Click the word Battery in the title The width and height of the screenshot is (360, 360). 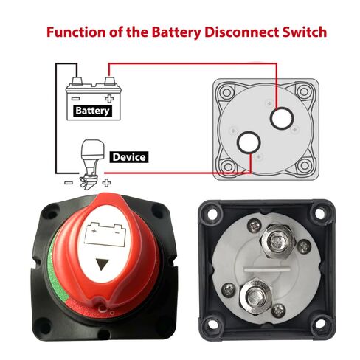176,32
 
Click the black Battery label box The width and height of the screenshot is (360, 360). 93,111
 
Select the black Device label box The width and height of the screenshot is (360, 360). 129,157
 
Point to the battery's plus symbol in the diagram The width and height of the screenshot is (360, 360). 109,99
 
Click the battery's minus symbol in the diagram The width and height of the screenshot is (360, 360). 75,99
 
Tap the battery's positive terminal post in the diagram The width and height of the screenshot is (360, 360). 109,81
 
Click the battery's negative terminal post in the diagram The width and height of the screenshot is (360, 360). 77,81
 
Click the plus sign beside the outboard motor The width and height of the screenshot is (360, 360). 106,183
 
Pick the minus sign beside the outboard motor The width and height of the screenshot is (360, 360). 69,183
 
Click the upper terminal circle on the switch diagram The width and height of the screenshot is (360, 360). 282,119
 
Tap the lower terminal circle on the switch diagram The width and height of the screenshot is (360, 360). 249,142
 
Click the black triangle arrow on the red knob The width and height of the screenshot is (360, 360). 102,264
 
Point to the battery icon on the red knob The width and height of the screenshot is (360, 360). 105,235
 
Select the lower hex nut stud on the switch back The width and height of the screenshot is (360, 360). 256,297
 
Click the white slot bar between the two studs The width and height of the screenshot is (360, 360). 267,270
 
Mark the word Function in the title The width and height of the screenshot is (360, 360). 76,32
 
